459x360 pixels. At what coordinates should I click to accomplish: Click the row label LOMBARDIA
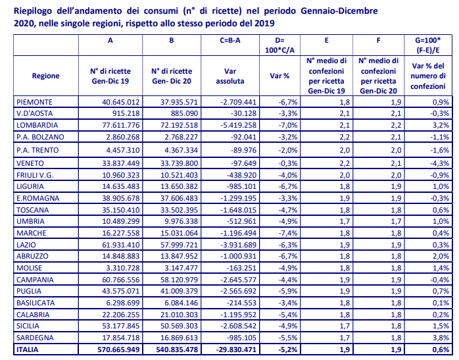[x=37, y=125]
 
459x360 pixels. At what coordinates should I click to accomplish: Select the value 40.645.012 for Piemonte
[x=120, y=102]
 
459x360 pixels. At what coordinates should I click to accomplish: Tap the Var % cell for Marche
[x=288, y=233]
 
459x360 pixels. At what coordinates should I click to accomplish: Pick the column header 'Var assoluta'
[x=230, y=76]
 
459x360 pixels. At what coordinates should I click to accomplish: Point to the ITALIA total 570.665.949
[x=118, y=349]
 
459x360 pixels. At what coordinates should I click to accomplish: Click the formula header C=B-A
[x=230, y=40]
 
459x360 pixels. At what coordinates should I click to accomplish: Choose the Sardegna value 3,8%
[x=441, y=338]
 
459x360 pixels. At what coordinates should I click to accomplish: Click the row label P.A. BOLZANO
[x=40, y=137]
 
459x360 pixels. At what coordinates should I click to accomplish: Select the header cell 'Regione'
[x=45, y=76]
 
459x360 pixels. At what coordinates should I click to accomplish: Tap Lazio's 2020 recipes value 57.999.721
[x=179, y=245]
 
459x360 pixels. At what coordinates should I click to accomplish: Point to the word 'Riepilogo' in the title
[x=33, y=11]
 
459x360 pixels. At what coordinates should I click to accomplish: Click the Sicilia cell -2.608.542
[x=238, y=326]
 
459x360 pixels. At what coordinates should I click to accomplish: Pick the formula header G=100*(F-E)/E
[x=428, y=45]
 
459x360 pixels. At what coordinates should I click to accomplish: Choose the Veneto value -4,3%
[x=439, y=163]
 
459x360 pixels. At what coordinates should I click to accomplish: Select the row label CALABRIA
[x=33, y=315]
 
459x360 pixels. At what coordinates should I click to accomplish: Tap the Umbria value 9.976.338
[x=181, y=221]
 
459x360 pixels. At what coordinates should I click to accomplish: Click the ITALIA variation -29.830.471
[x=236, y=349]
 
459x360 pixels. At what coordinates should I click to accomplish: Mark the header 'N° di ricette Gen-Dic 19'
[x=110, y=76]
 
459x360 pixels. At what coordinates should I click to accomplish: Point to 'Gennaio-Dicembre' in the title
[x=339, y=11]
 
